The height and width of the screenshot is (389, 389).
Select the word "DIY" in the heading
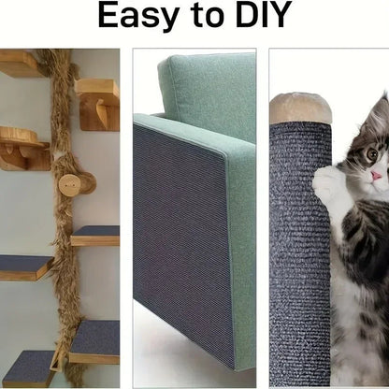[x=264, y=14]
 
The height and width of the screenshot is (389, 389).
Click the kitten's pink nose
[x=376, y=176]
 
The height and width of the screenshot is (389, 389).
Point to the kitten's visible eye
[x=372, y=153]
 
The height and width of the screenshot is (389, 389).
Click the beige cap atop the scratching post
[x=300, y=108]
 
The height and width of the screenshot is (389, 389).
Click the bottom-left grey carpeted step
[x=29, y=368]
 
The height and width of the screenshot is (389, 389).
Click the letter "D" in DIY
[x=250, y=15]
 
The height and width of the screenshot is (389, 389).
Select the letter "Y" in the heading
[x=281, y=15]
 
